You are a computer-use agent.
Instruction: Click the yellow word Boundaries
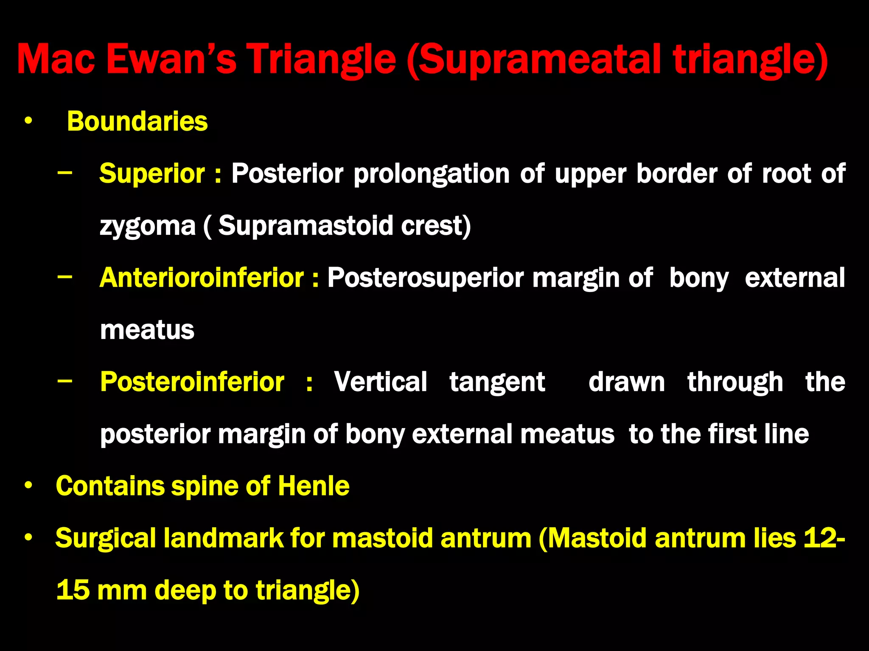(x=137, y=121)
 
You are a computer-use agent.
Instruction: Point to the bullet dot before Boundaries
(x=28, y=122)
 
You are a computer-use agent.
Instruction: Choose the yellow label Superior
(x=152, y=174)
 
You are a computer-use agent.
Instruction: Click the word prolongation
(x=432, y=174)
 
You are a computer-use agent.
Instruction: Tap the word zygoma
(x=147, y=226)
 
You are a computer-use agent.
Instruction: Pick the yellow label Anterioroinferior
(x=202, y=278)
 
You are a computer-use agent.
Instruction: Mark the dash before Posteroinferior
(x=64, y=381)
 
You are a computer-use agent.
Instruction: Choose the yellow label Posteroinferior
(x=192, y=382)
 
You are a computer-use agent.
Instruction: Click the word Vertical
(x=380, y=382)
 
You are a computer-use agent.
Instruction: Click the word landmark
(x=223, y=538)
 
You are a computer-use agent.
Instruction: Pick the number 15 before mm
(x=73, y=590)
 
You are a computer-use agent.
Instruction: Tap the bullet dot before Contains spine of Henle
(x=28, y=486)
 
